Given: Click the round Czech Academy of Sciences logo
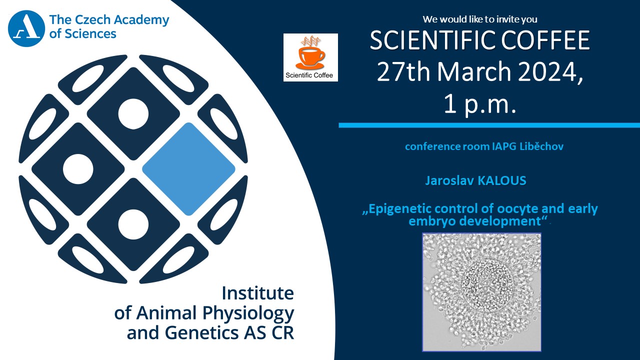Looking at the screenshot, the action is point(26,28).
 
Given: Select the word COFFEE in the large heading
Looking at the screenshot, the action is point(545,40).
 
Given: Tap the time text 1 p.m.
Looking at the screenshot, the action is point(480,104).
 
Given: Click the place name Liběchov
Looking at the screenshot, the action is point(541,146).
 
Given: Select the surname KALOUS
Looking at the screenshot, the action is point(502,180).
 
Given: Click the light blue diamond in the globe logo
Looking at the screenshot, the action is point(188,169).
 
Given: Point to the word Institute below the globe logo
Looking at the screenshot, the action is point(258,293).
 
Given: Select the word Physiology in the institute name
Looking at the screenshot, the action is point(248,313).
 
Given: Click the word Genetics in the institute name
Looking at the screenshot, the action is point(202,333).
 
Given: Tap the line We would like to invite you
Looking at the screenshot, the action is point(480,19).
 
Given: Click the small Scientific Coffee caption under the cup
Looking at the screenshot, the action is point(309,75).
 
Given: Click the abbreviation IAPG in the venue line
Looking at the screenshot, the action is point(504,146).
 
